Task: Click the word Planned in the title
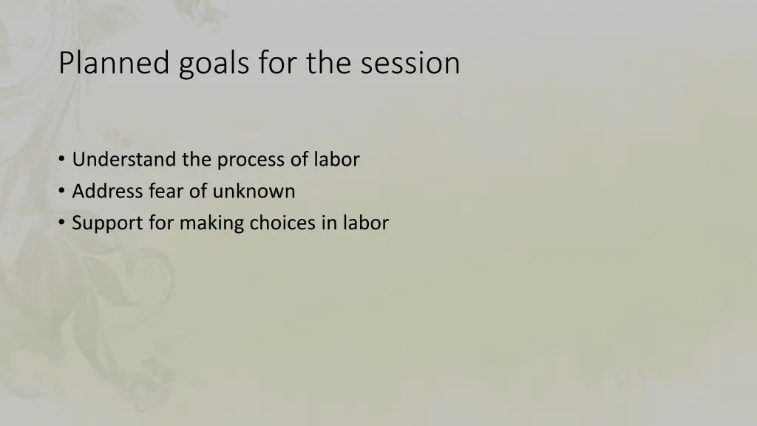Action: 115,64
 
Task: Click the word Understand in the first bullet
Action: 123,159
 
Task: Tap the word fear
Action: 169,191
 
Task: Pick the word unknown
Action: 254,191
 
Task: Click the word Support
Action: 108,223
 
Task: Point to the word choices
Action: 283,223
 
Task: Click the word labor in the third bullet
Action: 364,223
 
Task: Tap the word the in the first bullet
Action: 196,159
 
